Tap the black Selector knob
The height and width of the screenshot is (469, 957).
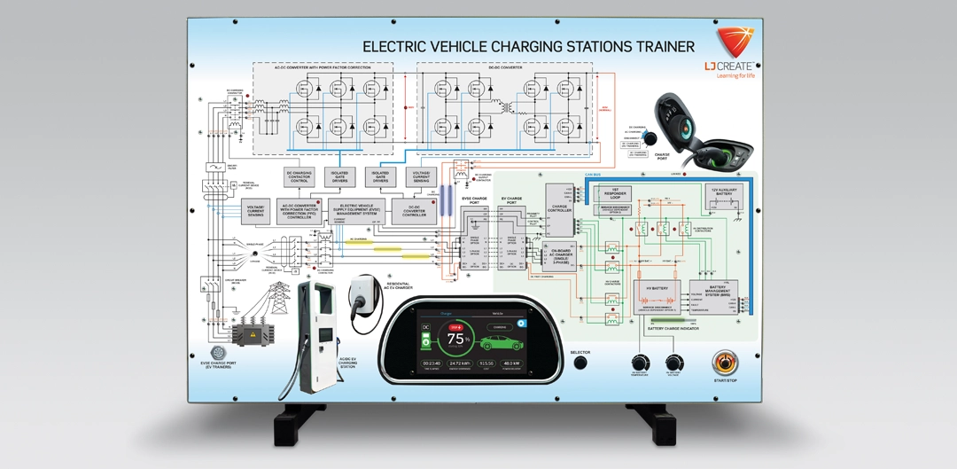click(x=580, y=362)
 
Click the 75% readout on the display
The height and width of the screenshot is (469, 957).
click(x=458, y=339)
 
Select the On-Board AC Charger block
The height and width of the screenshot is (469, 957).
click(x=563, y=256)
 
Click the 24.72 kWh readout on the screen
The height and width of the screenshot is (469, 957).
click(x=460, y=363)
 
